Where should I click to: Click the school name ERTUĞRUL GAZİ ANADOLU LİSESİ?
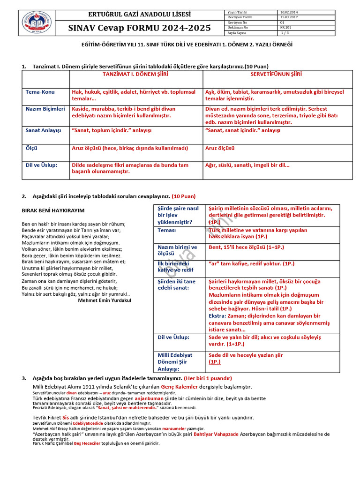[139, 15]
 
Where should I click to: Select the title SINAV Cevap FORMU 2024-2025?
[139, 28]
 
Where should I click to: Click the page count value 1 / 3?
[285, 33]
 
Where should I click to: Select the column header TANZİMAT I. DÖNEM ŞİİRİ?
[135, 75]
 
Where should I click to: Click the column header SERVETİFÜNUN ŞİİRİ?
[276, 75]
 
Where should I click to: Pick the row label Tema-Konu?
[40, 92]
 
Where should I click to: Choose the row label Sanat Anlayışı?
[44, 130]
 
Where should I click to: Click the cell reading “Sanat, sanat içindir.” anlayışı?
[243, 130]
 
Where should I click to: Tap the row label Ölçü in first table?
[32, 148]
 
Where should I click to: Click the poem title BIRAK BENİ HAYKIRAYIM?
[53, 210]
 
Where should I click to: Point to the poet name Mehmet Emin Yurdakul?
[105, 300]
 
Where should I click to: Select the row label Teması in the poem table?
[167, 231]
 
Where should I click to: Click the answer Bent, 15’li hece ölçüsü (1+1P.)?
[246, 247]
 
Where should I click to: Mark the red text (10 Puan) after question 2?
[183, 196]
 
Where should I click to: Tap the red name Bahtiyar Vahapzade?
[214, 434]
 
